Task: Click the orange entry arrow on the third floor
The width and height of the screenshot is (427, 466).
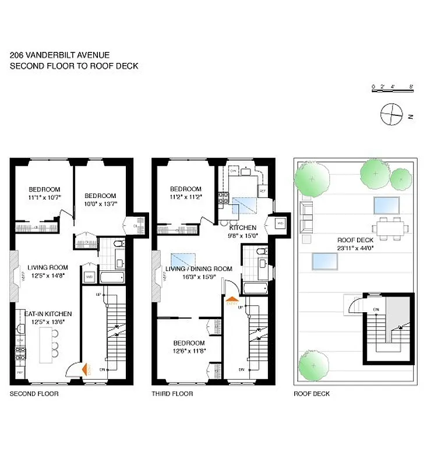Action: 231,301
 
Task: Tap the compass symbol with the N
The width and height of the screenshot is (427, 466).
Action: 391,114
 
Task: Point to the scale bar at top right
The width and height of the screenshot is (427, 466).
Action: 393,87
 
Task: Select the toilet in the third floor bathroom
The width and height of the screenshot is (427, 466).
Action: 262,252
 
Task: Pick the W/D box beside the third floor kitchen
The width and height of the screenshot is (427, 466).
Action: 279,224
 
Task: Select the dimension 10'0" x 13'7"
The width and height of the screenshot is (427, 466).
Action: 100,204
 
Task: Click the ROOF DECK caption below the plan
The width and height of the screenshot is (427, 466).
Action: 312,394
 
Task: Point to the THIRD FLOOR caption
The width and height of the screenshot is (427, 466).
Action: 172,394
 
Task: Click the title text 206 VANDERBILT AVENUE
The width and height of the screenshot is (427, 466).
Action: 59,55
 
